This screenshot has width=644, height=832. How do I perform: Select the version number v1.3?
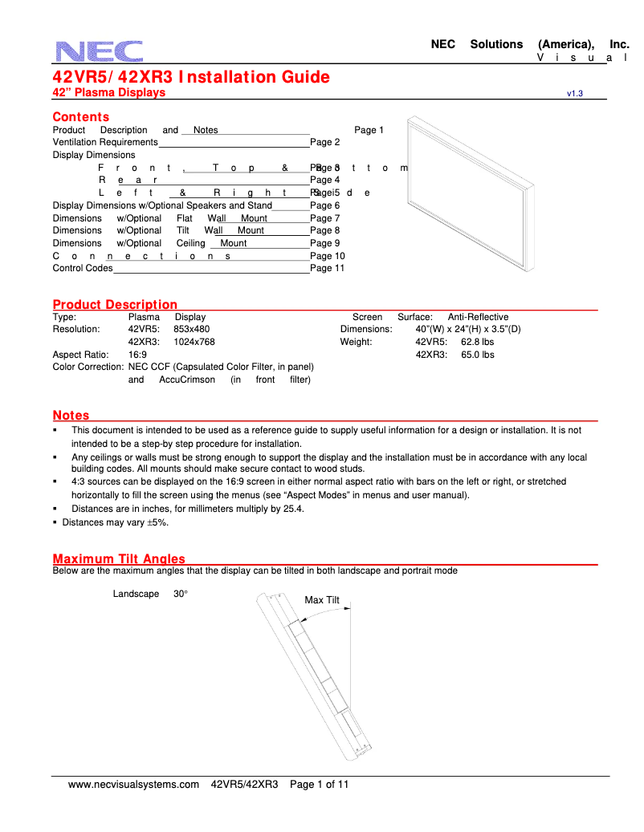574,94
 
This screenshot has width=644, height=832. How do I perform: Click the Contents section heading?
80,117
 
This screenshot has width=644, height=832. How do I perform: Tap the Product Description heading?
115,304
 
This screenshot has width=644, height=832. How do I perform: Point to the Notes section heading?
71,415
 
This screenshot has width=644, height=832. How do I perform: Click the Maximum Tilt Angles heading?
119,558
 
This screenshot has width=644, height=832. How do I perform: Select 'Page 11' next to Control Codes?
327,268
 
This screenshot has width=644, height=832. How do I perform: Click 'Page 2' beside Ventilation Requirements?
325,142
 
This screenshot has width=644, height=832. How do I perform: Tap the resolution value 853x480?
192,329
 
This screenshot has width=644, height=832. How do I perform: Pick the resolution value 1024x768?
194,342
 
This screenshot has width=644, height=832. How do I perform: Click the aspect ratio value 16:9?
137,354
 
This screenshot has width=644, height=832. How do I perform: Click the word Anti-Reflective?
478,317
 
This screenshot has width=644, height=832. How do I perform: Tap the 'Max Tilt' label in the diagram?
322,600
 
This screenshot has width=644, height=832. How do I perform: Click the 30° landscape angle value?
181,594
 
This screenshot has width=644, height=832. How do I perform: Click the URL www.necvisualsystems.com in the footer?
133,785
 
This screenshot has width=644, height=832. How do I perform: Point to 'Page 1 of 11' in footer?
319,785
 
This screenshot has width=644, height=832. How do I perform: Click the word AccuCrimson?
181,379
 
